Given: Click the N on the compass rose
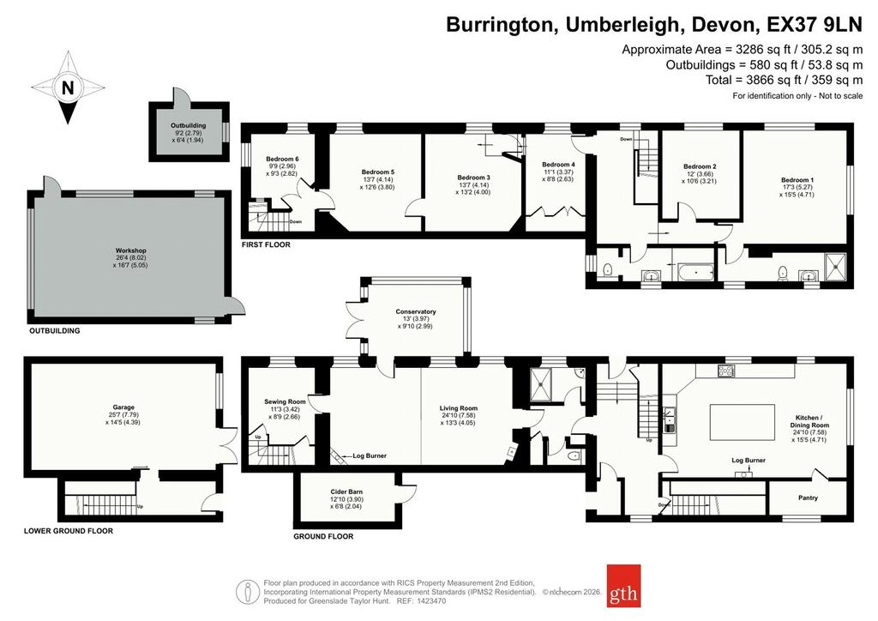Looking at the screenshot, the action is tap(68, 87).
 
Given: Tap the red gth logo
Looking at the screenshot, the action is tap(623, 585).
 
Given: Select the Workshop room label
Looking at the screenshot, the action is tap(131, 250).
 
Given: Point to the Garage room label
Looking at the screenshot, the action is tap(123, 407).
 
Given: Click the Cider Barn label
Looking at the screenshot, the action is tap(346, 491).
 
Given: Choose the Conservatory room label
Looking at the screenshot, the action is tap(416, 311).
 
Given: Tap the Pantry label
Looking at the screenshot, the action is tap(808, 497).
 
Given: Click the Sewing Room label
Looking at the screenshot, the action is tap(285, 401).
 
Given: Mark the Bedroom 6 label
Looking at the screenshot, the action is tap(282, 159).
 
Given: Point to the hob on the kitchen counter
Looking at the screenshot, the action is tap(727, 371).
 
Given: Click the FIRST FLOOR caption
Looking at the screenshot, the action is tap(266, 244).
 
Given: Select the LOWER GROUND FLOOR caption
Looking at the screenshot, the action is tap(69, 531).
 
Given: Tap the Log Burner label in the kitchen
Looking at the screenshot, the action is tap(749, 461).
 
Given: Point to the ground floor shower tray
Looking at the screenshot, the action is tap(542, 385).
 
